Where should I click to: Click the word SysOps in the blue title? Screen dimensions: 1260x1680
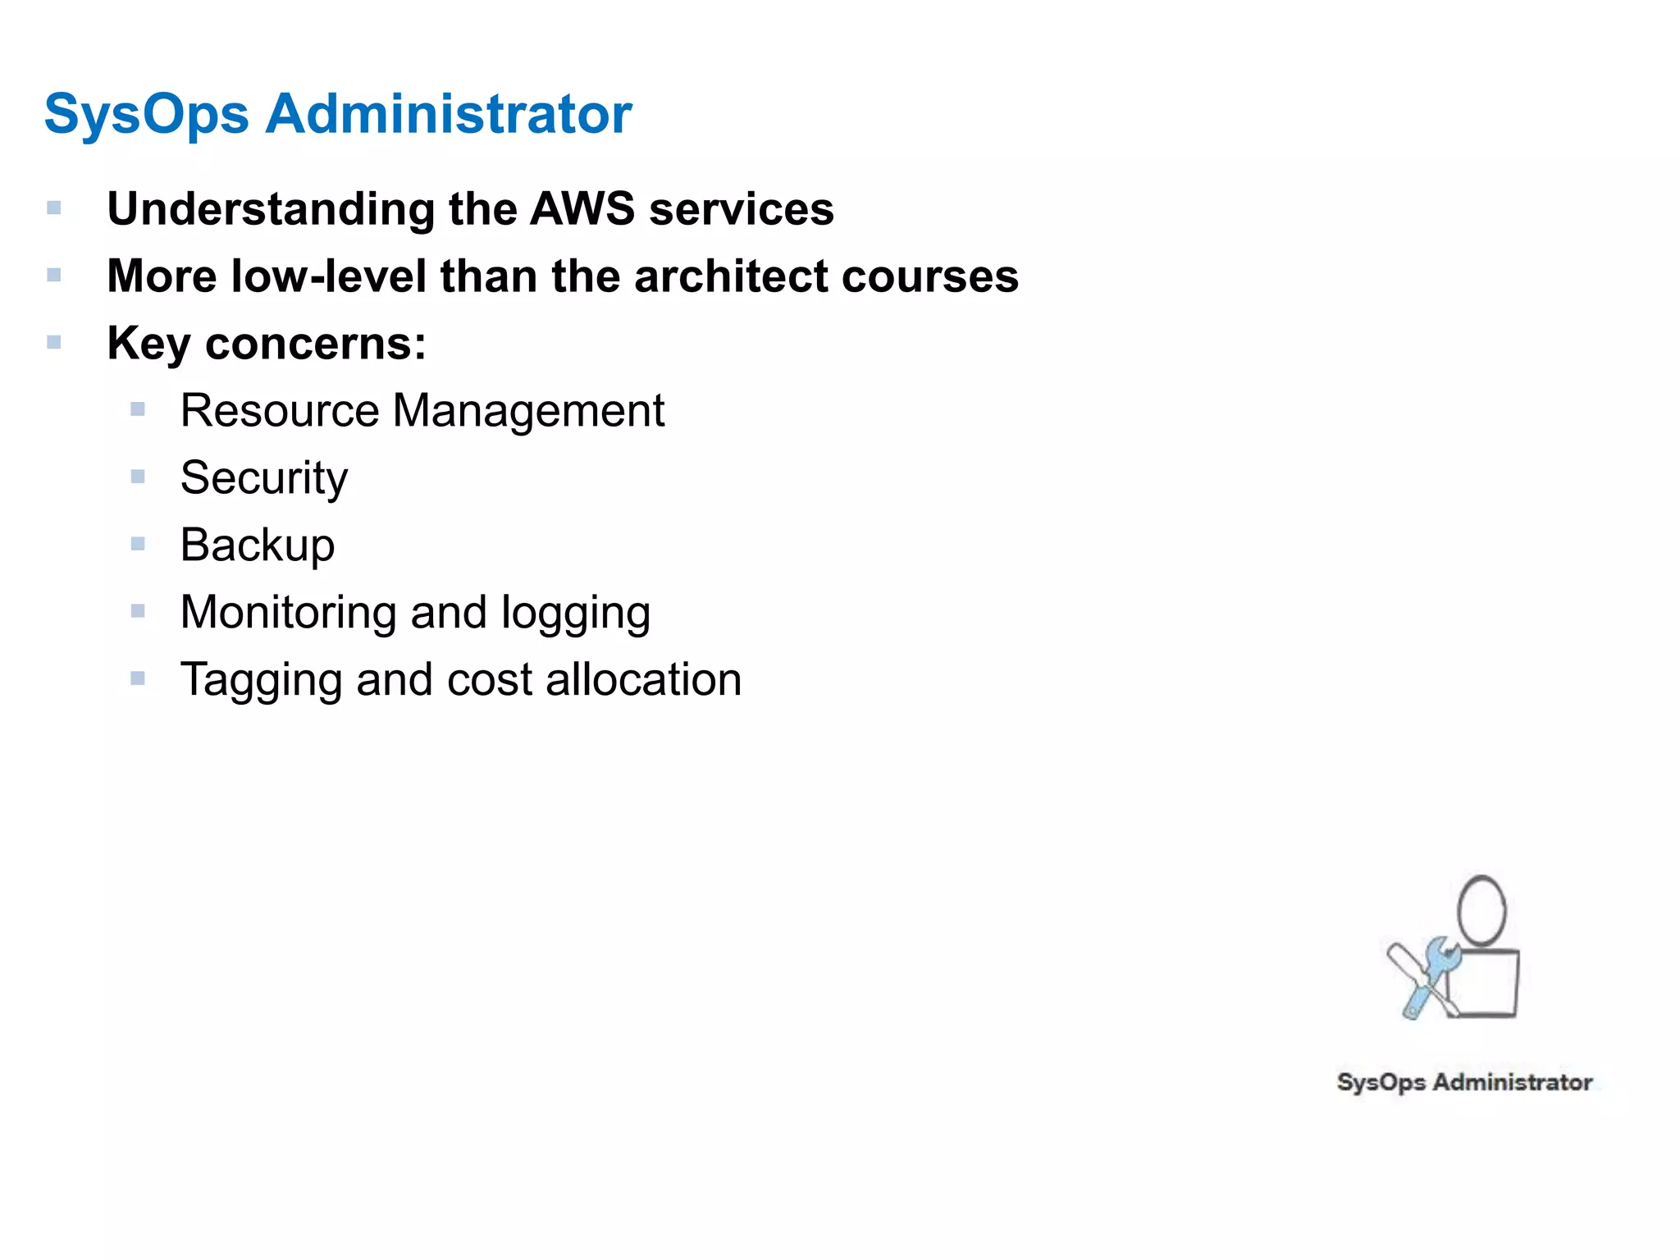[146, 114]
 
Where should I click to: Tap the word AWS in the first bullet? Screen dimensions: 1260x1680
[582, 208]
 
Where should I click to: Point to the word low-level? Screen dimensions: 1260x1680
[328, 276]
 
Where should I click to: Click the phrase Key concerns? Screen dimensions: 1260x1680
[267, 343]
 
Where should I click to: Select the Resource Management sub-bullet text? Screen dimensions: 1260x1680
[422, 410]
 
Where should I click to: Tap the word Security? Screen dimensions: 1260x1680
[263, 477]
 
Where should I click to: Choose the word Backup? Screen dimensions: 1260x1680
[258, 545]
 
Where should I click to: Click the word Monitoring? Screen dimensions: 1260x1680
[288, 612]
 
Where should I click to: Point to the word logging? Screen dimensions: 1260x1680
[575, 614]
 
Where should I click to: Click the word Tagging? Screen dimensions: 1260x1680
[262, 681]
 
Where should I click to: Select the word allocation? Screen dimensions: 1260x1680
[643, 679]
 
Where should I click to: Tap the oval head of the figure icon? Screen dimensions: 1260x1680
[1481, 911]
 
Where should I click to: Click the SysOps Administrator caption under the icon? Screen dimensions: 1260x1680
[1464, 1082]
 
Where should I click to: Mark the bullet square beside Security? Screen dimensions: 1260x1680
[138, 477]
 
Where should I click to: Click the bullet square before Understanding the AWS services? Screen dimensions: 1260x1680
[54, 208]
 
